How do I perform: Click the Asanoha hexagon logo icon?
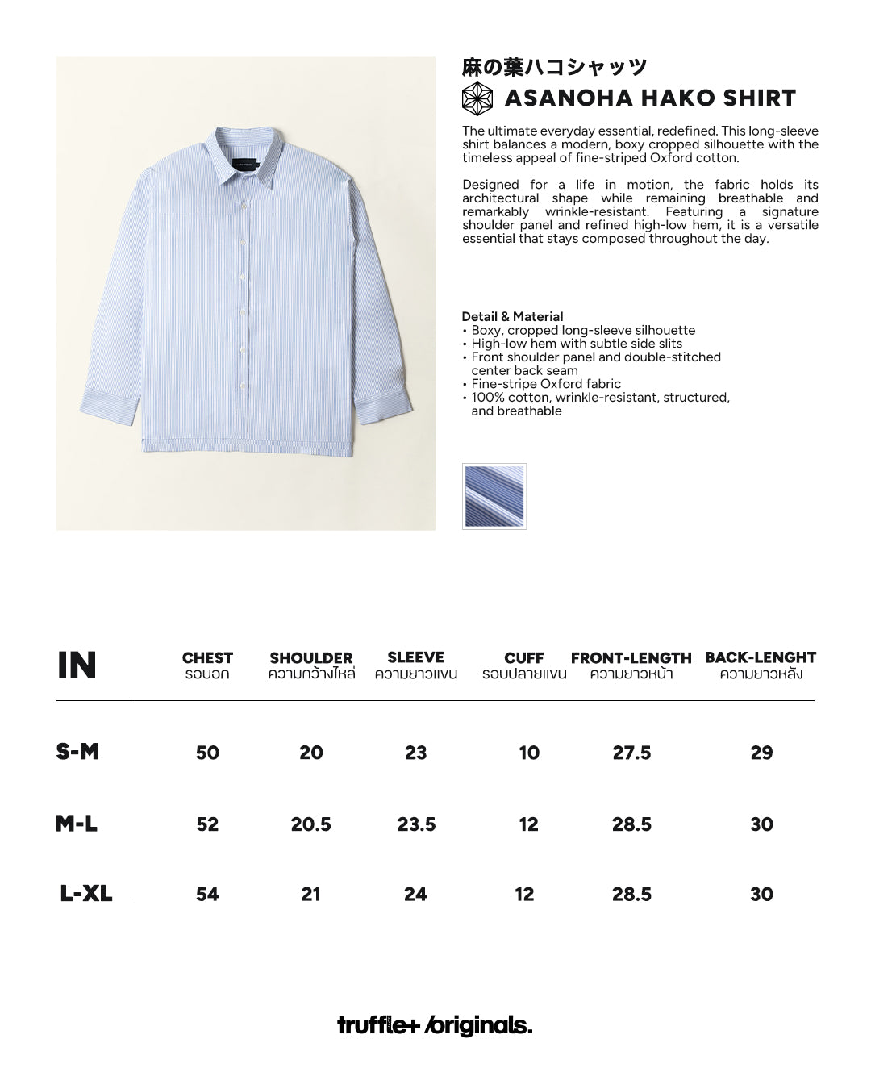[x=477, y=98]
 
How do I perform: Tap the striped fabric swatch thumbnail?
[x=494, y=496]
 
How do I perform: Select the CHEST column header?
[x=207, y=658]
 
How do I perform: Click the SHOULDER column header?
[x=311, y=658]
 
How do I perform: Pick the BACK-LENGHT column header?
[x=761, y=657]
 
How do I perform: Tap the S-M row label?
[x=77, y=752]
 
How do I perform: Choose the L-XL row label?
[x=85, y=894]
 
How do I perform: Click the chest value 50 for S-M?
[x=207, y=753]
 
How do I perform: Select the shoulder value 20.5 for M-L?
[x=311, y=824]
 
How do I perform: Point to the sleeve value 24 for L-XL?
[x=415, y=894]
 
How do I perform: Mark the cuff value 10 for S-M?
[x=529, y=753]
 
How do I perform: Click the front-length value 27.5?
[x=631, y=753]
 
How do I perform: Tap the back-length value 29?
[x=761, y=753]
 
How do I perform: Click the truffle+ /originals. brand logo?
[x=435, y=1025]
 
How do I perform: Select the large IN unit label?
[x=77, y=665]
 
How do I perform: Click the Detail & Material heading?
[x=512, y=316]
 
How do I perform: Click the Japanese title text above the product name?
[x=555, y=67]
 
